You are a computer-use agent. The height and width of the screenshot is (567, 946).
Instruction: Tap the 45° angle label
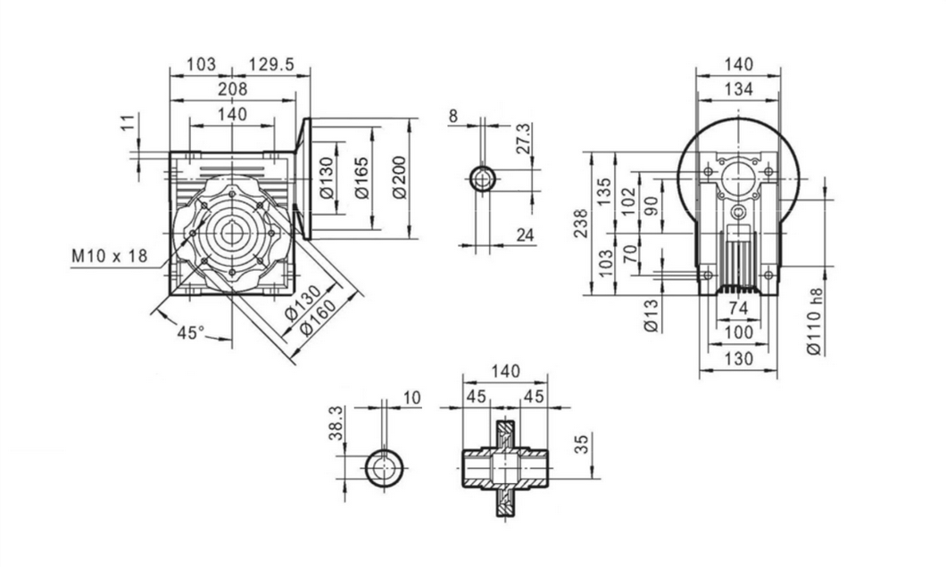click(x=190, y=333)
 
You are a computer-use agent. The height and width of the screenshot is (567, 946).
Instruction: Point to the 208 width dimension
click(x=232, y=89)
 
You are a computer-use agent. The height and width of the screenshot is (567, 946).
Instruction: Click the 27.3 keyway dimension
click(x=524, y=139)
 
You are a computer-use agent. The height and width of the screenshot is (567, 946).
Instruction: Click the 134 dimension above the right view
click(x=739, y=89)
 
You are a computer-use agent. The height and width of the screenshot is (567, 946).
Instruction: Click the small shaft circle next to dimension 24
click(x=484, y=178)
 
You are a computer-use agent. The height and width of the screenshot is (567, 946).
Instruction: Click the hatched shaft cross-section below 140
click(x=505, y=466)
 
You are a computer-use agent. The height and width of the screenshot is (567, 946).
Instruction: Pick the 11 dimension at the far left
click(x=127, y=121)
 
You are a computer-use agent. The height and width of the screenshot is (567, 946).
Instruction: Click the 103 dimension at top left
click(x=202, y=64)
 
